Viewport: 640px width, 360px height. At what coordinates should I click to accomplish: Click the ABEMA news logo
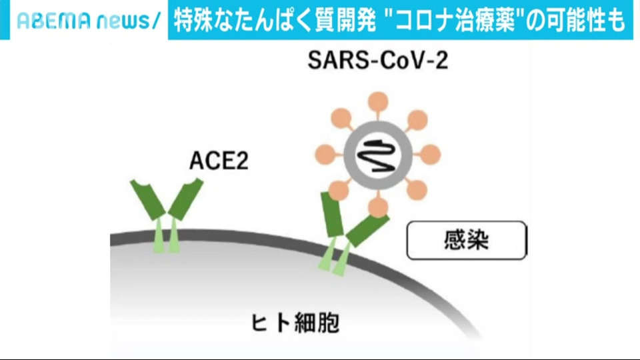pyautogui.click(x=89, y=21)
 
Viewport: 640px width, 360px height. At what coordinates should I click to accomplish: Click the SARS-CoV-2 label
pyautogui.click(x=377, y=61)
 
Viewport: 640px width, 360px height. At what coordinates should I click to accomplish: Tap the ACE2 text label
pyautogui.click(x=219, y=161)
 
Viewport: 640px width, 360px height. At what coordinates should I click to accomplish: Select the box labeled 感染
pyautogui.click(x=467, y=240)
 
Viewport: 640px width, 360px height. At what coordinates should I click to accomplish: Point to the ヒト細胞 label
pyautogui.click(x=295, y=323)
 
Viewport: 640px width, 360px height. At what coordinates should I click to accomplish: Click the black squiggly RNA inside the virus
pyautogui.click(x=376, y=155)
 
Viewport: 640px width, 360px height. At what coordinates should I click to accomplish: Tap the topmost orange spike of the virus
pyautogui.click(x=378, y=101)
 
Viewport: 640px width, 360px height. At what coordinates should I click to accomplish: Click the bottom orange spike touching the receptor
pyautogui.click(x=378, y=207)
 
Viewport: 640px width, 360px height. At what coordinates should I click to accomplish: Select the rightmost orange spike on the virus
pyautogui.click(x=430, y=155)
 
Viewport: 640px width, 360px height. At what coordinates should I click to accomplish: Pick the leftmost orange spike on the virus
pyautogui.click(x=325, y=155)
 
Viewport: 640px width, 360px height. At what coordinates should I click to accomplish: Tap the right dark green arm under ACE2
pyautogui.click(x=186, y=199)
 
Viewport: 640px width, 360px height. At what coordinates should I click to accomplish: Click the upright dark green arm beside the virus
pyautogui.click(x=332, y=214)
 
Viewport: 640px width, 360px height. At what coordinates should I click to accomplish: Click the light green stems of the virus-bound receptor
pyautogui.click(x=335, y=257)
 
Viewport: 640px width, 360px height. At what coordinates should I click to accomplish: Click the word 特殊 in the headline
pyautogui.click(x=194, y=21)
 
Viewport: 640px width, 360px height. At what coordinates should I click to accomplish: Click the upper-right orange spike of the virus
pyautogui.click(x=417, y=120)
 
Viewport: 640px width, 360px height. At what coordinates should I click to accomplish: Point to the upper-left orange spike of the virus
pyautogui.click(x=341, y=119)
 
